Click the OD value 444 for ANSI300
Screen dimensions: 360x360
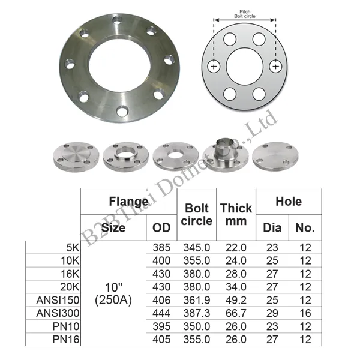pos(161,313)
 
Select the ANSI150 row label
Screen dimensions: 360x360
pos(58,300)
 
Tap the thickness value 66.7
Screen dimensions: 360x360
pos(236,313)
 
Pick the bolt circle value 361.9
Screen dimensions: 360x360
pos(197,300)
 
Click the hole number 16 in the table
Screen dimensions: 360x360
pos(305,313)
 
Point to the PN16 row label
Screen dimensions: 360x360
pos(66,340)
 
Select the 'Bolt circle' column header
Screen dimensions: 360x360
pos(197,214)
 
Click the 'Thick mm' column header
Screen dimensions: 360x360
pos(236,214)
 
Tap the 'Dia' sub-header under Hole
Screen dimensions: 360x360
pos(272,228)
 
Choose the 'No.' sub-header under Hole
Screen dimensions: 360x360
pos(305,228)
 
